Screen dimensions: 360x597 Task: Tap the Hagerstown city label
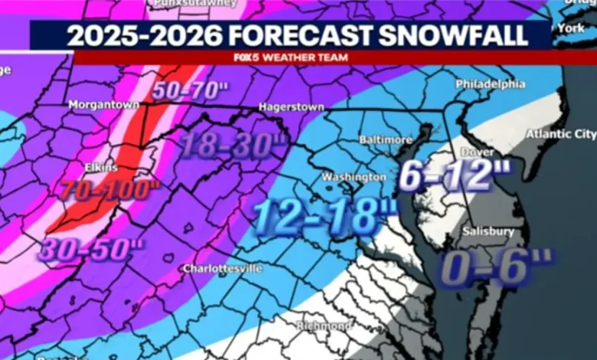292,107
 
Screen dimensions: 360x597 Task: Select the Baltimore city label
386,140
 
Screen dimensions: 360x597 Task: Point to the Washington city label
354,177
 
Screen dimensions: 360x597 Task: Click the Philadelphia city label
491,83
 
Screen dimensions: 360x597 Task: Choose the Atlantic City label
560,134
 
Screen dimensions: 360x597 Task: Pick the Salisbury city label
487,231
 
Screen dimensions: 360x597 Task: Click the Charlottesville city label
222,269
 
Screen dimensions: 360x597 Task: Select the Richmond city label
325,326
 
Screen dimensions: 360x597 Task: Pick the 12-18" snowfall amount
325,214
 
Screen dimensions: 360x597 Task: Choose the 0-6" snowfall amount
495,268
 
